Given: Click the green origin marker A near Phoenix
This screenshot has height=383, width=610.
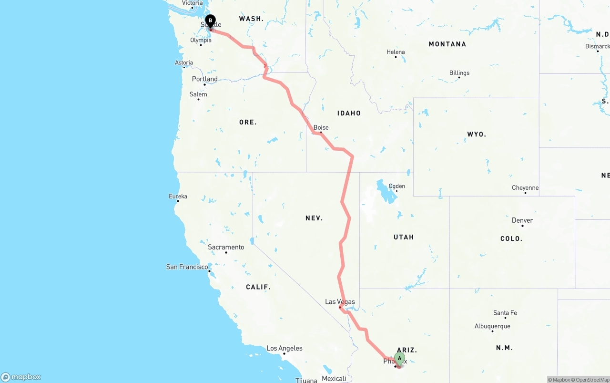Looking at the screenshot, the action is [399, 359].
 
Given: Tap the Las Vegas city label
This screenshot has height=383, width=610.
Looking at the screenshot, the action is [340, 301].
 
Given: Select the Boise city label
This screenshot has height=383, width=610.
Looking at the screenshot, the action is [321, 127].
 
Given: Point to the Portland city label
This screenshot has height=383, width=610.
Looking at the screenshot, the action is [204, 79].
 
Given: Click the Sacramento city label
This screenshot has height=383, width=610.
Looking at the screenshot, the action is [226, 247].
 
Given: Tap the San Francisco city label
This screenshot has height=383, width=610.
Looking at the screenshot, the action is [187, 267].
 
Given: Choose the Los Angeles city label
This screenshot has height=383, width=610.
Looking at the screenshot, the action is [284, 348].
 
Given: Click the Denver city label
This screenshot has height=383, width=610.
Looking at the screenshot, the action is [522, 220].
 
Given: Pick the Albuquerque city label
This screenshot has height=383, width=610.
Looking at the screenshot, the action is [492, 326].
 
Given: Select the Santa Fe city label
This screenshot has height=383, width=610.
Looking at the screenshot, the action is [505, 313].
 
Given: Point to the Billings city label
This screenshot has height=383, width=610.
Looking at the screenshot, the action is [459, 73].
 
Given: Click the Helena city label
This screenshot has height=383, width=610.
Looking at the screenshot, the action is [396, 52].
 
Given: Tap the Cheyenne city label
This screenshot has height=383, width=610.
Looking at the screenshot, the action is [525, 188].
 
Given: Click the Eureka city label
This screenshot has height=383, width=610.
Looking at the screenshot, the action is [178, 196].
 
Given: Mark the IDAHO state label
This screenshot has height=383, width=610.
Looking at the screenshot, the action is [349, 113].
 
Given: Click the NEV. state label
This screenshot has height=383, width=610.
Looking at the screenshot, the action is [314, 218].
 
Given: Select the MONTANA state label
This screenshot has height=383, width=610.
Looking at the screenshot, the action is [447, 44].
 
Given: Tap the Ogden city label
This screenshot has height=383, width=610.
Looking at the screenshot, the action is [396, 186].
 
